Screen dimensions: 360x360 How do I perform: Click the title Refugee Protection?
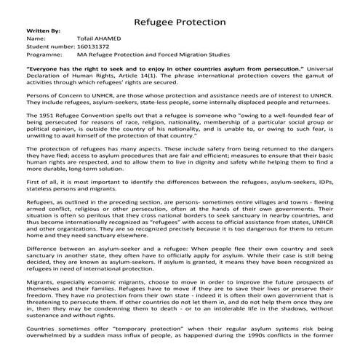(180, 22)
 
